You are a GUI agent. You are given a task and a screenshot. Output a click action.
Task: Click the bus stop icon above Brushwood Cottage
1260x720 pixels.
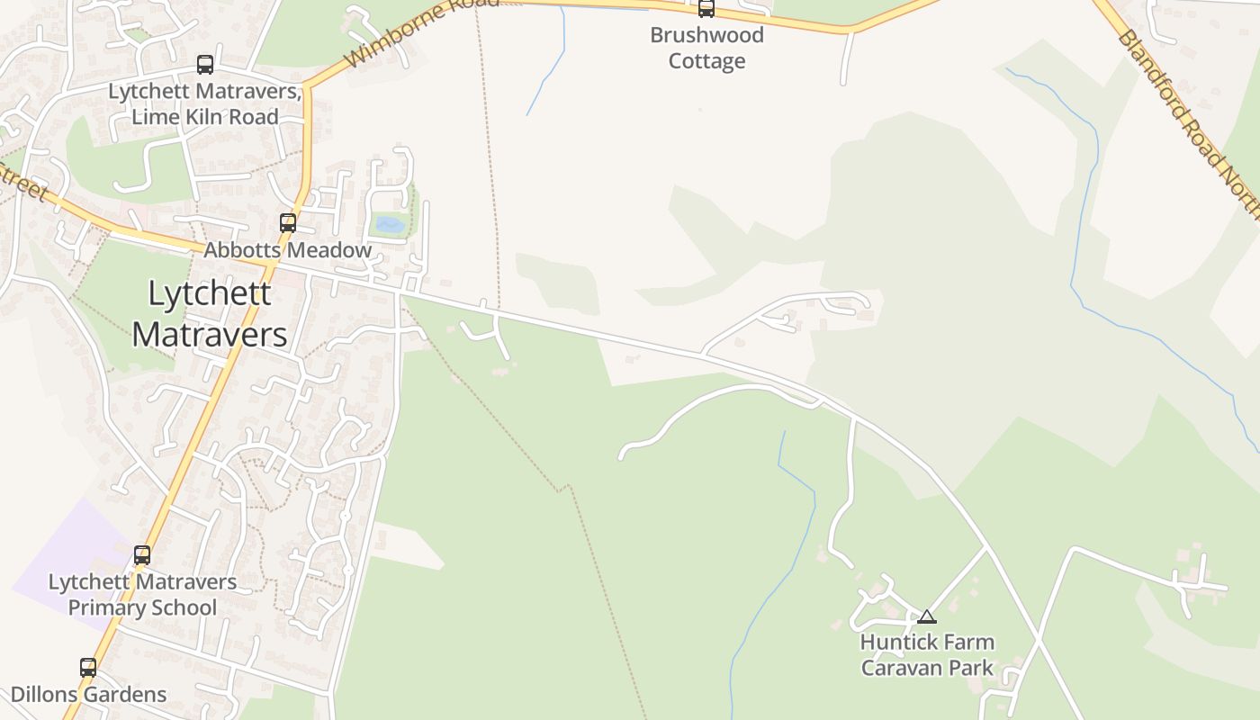coord(706,9)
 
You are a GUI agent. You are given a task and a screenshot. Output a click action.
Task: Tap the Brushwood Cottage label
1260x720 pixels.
coord(706,48)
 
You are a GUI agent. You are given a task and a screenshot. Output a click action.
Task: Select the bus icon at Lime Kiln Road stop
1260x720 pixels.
coord(205,65)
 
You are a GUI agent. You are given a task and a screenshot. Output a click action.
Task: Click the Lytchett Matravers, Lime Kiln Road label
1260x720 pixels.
coord(204,103)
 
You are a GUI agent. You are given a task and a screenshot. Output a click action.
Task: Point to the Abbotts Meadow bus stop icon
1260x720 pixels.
coord(288,222)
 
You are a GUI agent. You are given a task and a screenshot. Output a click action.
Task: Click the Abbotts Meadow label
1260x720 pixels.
coord(287,250)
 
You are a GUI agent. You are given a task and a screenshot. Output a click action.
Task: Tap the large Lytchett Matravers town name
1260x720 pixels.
coord(210,313)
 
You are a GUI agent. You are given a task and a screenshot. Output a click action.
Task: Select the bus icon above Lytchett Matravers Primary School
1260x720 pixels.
coord(142,554)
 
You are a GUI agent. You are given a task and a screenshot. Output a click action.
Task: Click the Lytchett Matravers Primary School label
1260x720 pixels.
coord(142,594)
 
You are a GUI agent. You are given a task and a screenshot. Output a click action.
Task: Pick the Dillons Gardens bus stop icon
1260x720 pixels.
coord(88,667)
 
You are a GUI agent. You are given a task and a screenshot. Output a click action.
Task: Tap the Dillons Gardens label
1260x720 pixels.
coord(88,695)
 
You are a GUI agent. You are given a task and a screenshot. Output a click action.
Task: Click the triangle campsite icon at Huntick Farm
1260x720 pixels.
coord(926,616)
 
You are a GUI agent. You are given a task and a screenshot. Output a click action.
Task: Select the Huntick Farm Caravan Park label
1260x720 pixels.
coord(927,654)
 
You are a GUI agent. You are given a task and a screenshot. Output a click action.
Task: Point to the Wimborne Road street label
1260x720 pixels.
coord(421,34)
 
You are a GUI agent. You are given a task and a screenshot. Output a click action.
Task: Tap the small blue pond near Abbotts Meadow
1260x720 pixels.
coord(390,224)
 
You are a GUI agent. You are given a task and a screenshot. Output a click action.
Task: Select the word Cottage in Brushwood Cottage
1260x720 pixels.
coord(706,61)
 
